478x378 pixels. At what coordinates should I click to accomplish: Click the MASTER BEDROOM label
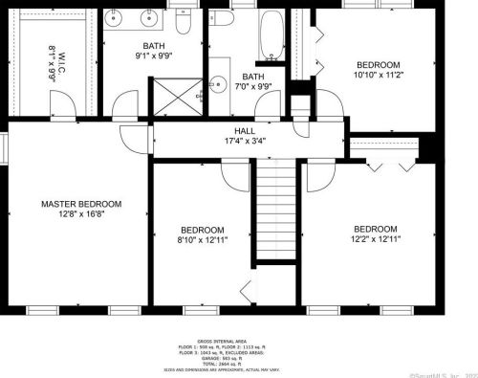tap(81, 204)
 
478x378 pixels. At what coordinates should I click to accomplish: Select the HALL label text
tap(244, 132)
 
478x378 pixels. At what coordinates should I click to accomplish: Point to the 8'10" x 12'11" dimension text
tap(204, 240)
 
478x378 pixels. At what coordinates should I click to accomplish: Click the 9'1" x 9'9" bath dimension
tap(154, 56)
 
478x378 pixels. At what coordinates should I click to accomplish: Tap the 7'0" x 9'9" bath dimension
tap(253, 87)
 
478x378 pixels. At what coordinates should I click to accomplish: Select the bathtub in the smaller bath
tap(271, 35)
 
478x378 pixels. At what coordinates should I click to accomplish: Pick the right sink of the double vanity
tap(150, 17)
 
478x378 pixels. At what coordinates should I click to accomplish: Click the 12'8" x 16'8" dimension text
tap(81, 215)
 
